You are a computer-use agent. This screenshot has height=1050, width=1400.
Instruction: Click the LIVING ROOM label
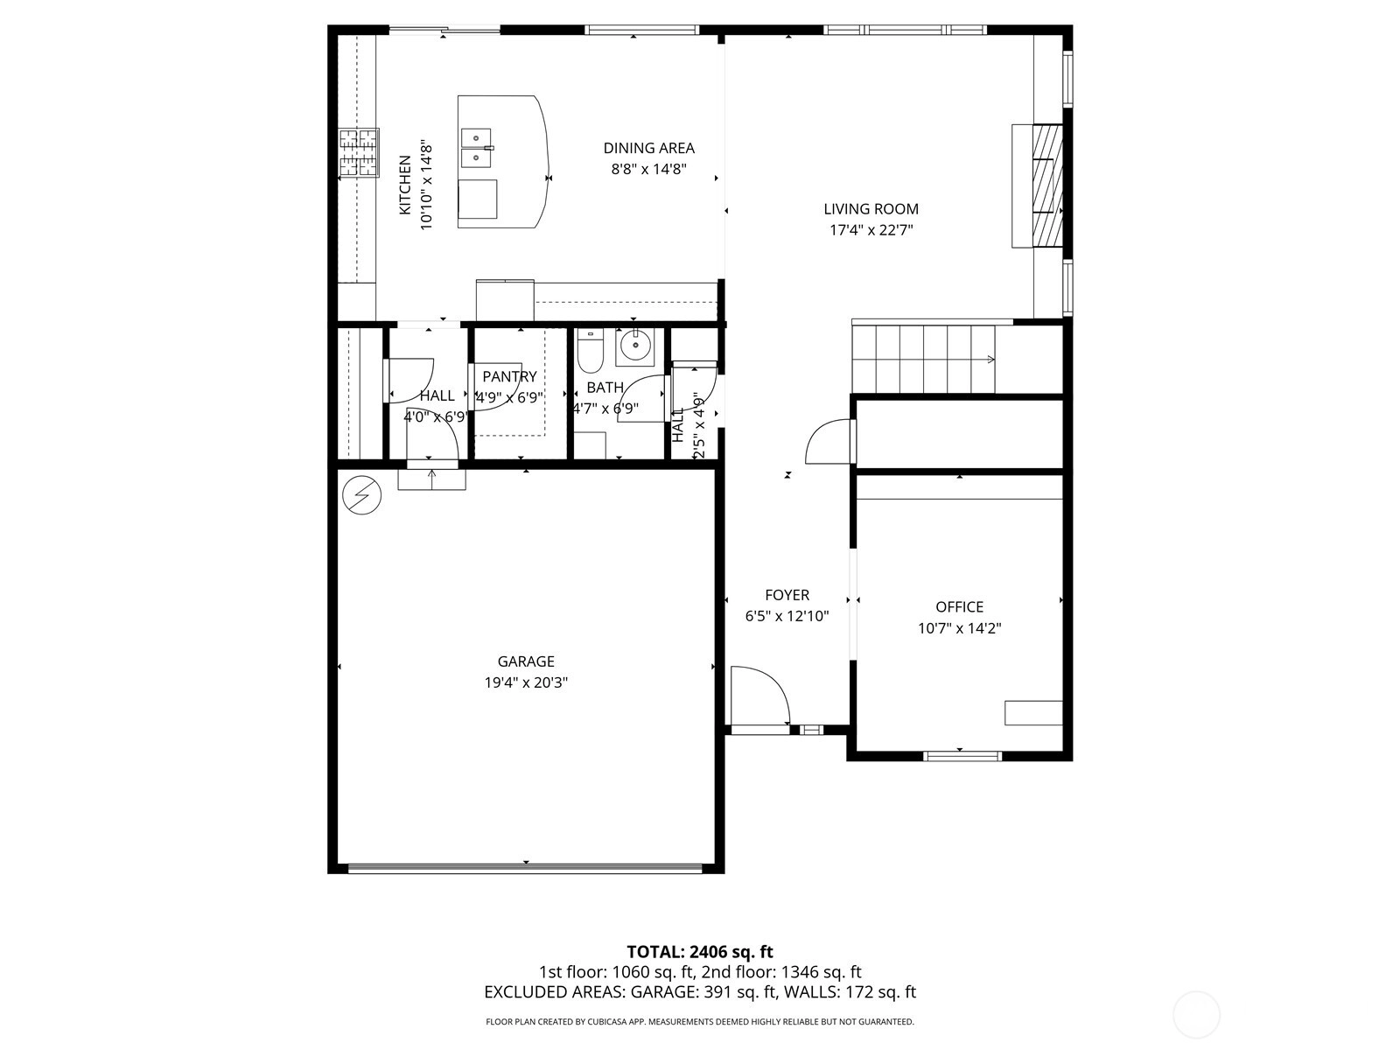click(871, 209)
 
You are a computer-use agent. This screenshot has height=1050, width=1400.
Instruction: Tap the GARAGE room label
click(526, 661)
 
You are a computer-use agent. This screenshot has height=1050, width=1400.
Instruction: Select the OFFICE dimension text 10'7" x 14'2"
click(959, 628)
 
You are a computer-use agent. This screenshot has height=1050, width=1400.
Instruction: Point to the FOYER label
click(787, 596)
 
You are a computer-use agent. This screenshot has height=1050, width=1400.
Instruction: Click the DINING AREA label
click(648, 149)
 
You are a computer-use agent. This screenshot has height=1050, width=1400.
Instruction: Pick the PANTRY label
click(509, 377)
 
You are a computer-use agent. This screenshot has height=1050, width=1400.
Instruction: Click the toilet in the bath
click(590, 351)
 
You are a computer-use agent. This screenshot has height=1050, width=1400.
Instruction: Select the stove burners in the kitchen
click(359, 152)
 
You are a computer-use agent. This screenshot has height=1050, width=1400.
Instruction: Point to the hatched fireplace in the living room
click(1047, 185)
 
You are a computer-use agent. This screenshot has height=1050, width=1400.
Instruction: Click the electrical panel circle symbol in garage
click(361, 495)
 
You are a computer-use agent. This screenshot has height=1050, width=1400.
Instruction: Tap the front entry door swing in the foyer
click(760, 696)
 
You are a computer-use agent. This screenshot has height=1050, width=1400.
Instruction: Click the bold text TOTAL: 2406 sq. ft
click(700, 952)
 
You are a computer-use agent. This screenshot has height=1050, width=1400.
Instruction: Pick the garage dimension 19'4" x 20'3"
click(526, 682)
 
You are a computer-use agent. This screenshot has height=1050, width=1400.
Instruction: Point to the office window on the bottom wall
click(962, 756)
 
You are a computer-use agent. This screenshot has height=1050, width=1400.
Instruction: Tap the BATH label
click(605, 388)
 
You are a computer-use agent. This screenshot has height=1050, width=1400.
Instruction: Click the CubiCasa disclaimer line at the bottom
click(700, 1022)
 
